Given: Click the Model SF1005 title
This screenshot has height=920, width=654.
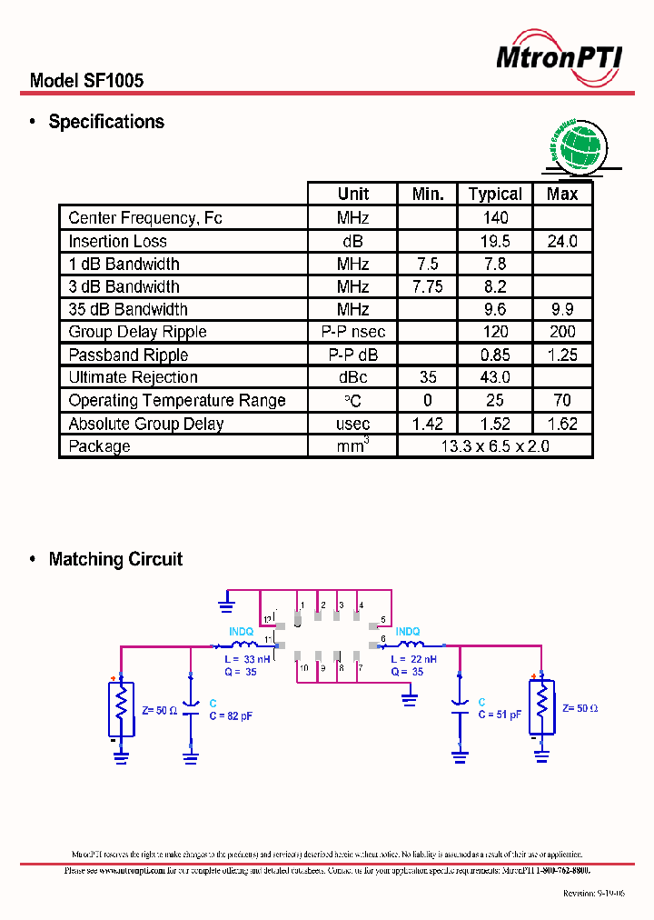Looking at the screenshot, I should (86, 81).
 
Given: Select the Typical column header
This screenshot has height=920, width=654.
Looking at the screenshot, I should (495, 194).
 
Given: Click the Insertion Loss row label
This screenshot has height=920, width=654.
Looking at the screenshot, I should (118, 241).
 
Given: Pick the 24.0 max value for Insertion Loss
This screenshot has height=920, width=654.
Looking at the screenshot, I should (562, 241).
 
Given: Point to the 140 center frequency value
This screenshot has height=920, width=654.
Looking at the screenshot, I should (495, 218).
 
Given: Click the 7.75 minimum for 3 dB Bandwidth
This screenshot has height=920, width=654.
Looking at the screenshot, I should (427, 286).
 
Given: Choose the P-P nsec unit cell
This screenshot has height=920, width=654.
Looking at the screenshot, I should (353, 332).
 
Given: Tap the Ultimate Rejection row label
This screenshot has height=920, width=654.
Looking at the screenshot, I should (133, 377).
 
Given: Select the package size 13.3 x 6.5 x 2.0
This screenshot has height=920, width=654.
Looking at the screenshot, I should (495, 446).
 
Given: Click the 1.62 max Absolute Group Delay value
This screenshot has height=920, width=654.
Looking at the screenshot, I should (562, 424).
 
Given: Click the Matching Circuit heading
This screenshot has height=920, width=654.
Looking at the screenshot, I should (115, 559).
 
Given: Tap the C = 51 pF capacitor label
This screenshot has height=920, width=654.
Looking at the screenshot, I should (500, 715).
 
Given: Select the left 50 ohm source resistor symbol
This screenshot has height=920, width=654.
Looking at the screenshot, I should (121, 708).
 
